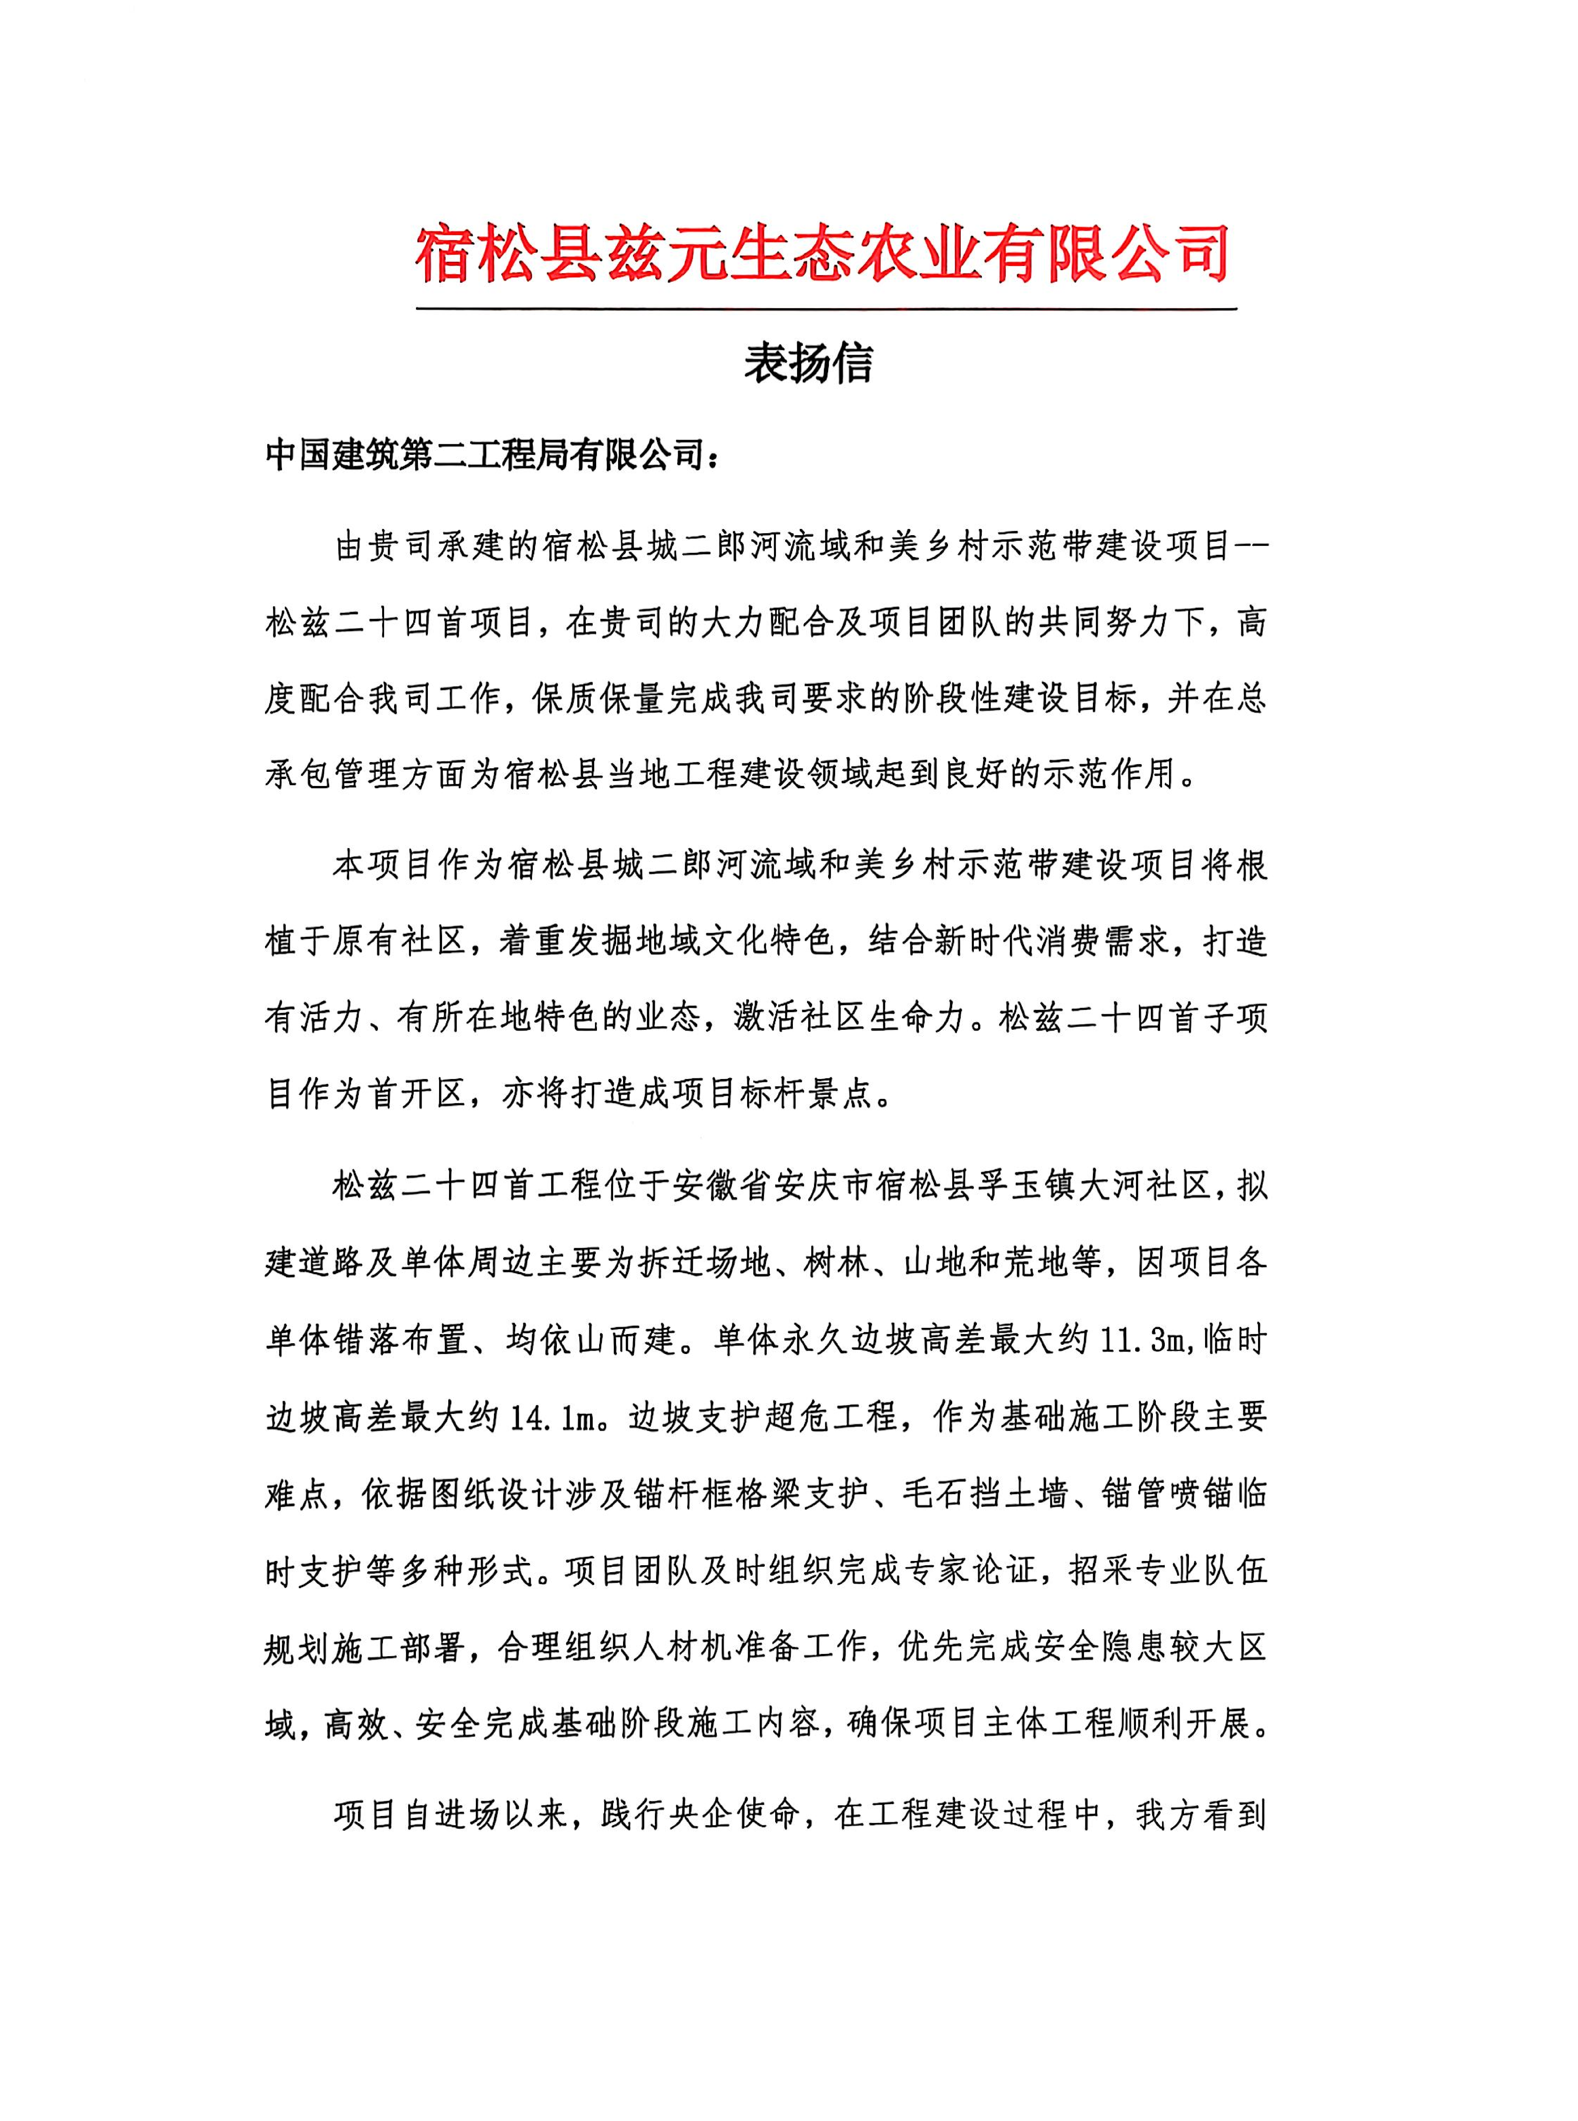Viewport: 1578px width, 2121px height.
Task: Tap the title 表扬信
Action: [x=808, y=364]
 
